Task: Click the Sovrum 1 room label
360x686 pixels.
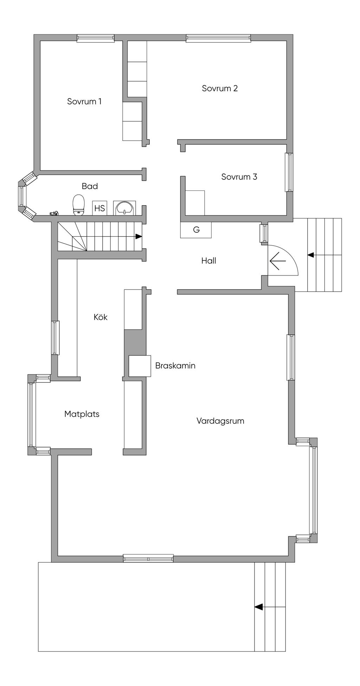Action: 84,102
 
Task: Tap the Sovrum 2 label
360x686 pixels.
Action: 220,88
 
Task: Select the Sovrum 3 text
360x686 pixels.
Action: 239,176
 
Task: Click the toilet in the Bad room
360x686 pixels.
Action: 79,205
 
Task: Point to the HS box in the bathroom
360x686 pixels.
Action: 99,208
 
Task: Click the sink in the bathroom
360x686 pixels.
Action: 124,208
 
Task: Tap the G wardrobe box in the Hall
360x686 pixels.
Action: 196,230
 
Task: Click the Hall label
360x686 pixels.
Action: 208,261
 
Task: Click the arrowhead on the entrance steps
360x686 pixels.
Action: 310,255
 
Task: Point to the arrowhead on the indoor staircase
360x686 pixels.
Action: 139,237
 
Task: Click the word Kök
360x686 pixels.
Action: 100,317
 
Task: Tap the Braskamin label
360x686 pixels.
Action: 175,365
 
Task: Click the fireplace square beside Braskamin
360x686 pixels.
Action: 140,366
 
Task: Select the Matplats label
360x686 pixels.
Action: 82,414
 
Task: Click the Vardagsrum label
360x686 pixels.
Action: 220,421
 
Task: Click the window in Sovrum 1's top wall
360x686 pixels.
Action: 96,38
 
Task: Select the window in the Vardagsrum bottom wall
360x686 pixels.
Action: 148,558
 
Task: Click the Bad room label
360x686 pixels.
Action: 90,186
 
